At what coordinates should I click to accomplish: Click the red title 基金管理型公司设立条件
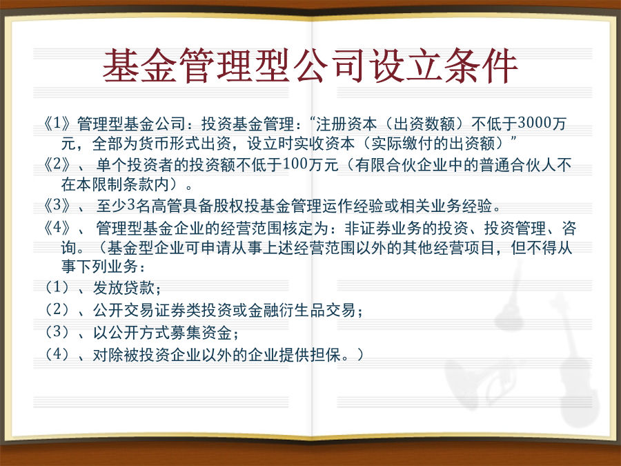(x=310, y=66)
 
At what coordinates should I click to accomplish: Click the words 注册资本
(x=346, y=124)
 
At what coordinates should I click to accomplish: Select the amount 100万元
(x=311, y=164)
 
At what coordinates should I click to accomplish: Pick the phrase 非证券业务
(x=383, y=229)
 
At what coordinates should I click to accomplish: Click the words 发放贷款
(x=124, y=288)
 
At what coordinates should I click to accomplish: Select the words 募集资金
(x=201, y=333)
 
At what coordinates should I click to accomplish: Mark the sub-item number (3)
(x=57, y=331)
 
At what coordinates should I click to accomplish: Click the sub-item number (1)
(x=57, y=287)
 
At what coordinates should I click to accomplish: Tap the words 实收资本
(x=324, y=144)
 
